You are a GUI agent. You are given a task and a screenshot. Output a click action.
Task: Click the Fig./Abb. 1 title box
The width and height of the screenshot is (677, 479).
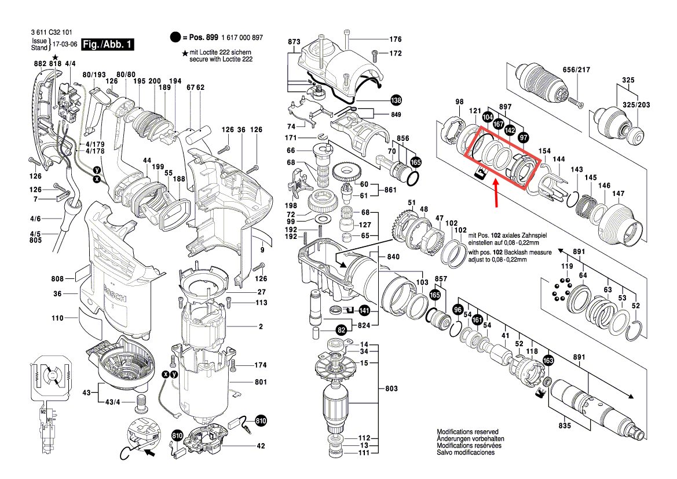pyautogui.click(x=108, y=45)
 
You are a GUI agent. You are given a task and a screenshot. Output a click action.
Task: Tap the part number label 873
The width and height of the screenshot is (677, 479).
pyautogui.click(x=294, y=42)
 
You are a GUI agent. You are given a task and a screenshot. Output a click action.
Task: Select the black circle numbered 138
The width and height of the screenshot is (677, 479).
pyautogui.click(x=396, y=100)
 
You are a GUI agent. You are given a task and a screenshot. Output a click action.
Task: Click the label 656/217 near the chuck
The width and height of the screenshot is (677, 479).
pyautogui.click(x=576, y=70)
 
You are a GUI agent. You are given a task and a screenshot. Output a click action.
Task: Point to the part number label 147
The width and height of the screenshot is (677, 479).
pyautogui.click(x=619, y=193)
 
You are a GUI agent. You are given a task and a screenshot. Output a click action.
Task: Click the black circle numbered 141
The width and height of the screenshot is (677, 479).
pyautogui.click(x=364, y=311)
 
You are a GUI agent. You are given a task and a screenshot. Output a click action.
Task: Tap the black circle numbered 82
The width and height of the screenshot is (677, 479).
pyautogui.click(x=342, y=330)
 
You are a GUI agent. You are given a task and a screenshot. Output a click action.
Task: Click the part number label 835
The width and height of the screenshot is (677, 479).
pyautogui.click(x=565, y=426)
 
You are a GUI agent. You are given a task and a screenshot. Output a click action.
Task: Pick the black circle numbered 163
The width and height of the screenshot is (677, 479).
pyautogui.click(x=548, y=360)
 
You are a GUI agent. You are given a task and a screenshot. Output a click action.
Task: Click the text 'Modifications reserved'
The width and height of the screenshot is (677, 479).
pyautogui.click(x=467, y=433)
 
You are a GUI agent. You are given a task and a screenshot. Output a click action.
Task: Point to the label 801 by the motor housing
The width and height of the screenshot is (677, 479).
pyautogui.click(x=260, y=383)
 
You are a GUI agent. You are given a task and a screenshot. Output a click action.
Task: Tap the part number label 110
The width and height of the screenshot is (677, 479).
pyautogui.click(x=57, y=318)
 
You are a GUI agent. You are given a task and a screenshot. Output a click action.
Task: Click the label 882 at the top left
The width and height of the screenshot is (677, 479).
pyautogui.click(x=40, y=63)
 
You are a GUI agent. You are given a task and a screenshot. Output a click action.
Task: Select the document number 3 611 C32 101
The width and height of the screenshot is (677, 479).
pyautogui.click(x=52, y=33)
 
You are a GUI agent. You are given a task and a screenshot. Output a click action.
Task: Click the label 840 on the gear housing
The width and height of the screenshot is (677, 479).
pyautogui.click(x=393, y=256)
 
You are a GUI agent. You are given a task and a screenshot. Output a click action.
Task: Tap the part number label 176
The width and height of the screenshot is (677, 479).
pyautogui.click(x=395, y=39)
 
